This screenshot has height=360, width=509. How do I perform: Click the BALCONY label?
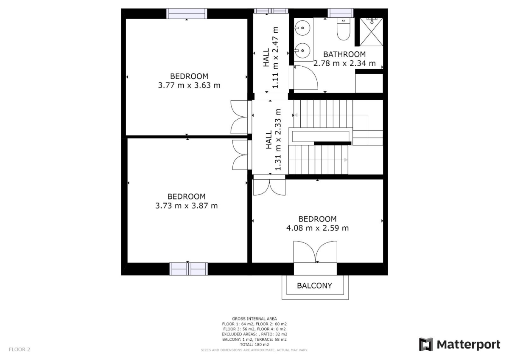[314, 286]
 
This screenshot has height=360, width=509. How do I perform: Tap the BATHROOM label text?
[344, 54]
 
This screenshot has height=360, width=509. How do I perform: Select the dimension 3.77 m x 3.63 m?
[189, 85]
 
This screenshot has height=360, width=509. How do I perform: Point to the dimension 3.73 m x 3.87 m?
[186, 205]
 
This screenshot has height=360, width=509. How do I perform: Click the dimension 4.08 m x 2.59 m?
[317, 228]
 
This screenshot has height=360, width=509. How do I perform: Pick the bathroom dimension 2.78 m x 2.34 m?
[344, 63]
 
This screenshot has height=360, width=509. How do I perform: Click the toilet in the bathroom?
[343, 29]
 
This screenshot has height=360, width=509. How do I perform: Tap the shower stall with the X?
[371, 32]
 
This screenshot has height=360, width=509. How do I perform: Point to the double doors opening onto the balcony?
[316, 252]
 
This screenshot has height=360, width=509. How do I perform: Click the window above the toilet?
[340, 13]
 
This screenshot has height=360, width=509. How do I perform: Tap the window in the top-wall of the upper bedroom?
[187, 14]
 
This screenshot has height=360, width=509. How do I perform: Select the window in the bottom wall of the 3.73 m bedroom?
[189, 269]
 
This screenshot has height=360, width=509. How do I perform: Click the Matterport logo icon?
[426, 344]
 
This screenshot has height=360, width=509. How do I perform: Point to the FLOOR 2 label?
[20, 349]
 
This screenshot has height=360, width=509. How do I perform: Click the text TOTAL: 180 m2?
[255, 345]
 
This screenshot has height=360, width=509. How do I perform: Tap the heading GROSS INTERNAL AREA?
[255, 319]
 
